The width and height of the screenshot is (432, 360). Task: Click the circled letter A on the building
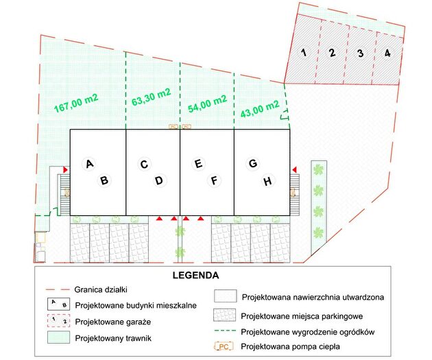coord(89,164)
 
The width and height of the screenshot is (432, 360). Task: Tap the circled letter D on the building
coord(159,181)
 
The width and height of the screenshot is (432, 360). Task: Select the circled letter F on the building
coord(214,181)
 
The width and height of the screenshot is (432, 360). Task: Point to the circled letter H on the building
coord(267,181)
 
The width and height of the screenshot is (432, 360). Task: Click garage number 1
coord(304,52)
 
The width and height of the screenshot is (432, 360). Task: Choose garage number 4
coord(387,53)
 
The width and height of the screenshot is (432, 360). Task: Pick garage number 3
coord(360,53)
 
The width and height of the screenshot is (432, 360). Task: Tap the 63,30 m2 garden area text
coord(152,97)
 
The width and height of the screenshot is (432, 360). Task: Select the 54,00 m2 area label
coord(208,104)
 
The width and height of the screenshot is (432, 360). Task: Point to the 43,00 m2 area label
coord(260,109)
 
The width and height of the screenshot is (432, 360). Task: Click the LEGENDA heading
coord(195,276)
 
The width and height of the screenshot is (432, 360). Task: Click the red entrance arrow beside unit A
coord(65,169)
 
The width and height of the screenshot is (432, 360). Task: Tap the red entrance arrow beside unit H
coord(294,169)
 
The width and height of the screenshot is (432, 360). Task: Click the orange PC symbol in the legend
coord(224,346)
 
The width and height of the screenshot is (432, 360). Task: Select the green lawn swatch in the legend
coord(58,337)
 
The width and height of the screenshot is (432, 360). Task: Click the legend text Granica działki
coord(101,290)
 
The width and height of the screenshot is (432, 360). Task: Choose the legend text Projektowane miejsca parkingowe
coord(302,316)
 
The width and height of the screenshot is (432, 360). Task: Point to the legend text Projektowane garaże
coord(113,322)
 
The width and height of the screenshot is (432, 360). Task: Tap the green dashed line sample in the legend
coord(225,331)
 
